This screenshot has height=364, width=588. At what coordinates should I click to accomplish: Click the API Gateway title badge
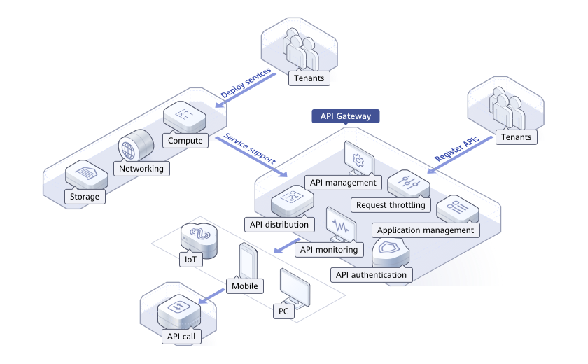click(346, 116)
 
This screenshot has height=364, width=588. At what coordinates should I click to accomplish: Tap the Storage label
click(85, 197)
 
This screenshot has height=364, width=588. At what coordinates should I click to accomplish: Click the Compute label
click(185, 141)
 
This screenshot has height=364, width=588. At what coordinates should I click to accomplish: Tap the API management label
click(343, 183)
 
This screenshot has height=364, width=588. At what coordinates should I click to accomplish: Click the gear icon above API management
click(358, 160)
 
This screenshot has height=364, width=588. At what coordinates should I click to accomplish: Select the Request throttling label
click(391, 205)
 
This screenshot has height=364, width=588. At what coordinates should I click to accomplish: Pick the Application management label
click(426, 230)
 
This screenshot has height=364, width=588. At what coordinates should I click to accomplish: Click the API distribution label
click(279, 225)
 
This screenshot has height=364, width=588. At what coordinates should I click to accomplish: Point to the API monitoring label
click(329, 249)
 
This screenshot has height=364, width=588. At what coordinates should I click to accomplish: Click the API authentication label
click(371, 274)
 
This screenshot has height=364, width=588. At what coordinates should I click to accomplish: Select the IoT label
click(190, 260)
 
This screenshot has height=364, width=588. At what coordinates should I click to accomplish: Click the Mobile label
click(244, 286)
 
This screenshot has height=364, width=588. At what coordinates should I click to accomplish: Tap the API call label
click(181, 337)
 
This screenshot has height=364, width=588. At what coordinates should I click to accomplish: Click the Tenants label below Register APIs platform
click(517, 137)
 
